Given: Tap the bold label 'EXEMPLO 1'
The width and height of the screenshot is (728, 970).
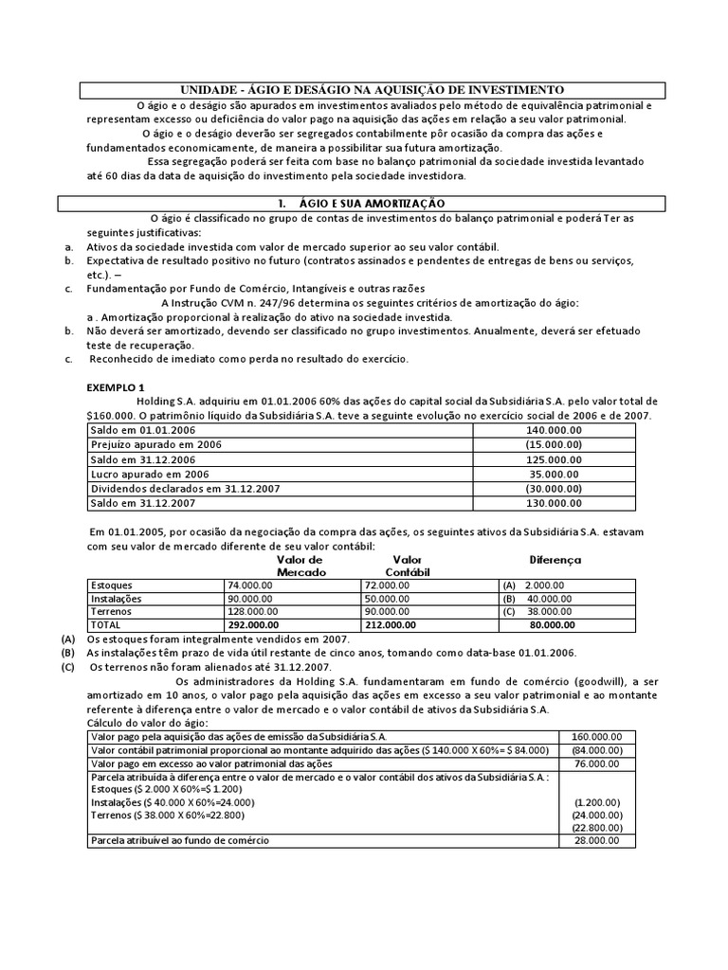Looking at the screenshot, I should click(x=117, y=387).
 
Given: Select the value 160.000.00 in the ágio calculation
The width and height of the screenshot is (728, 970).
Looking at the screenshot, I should click(x=598, y=736).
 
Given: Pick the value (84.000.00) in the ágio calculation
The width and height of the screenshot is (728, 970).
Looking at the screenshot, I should click(x=598, y=749).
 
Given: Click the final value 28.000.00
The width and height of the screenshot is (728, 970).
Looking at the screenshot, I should click(x=598, y=840).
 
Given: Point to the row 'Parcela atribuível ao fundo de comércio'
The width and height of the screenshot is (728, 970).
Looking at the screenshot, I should click(x=179, y=840).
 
